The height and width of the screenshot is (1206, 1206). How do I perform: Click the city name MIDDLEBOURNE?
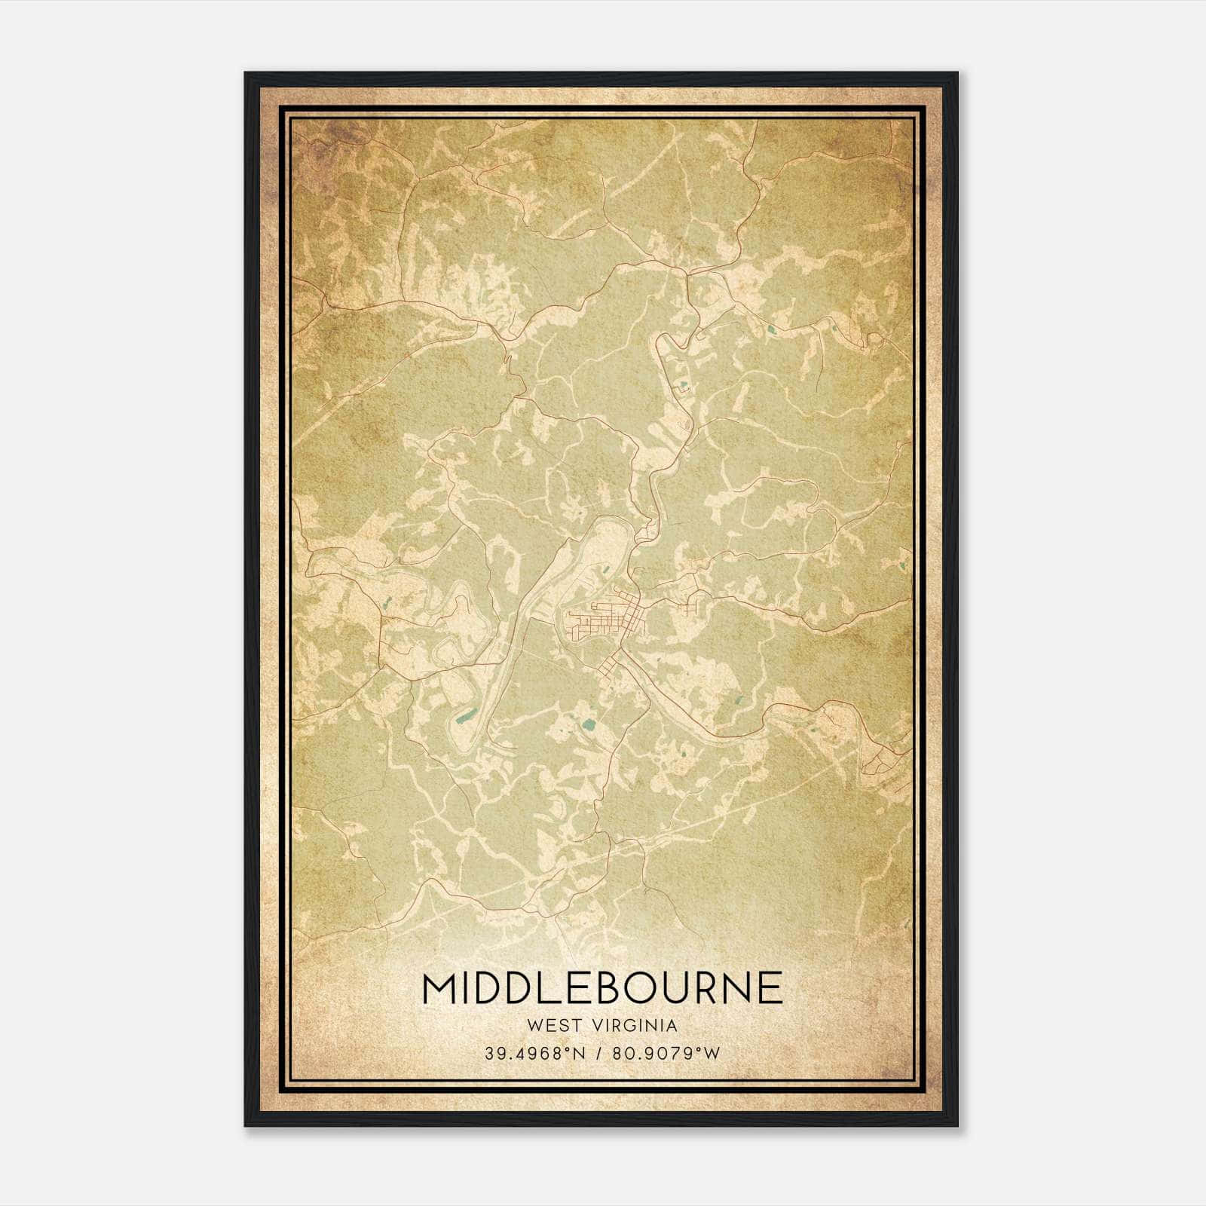pos(602,987)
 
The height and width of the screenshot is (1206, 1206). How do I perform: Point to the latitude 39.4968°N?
pos(536,1053)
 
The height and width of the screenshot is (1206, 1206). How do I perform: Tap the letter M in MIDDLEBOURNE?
pos(439,987)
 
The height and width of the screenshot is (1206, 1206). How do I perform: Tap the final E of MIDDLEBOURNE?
pos(772,987)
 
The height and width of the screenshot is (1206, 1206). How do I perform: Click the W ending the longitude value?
pos(713,1053)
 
